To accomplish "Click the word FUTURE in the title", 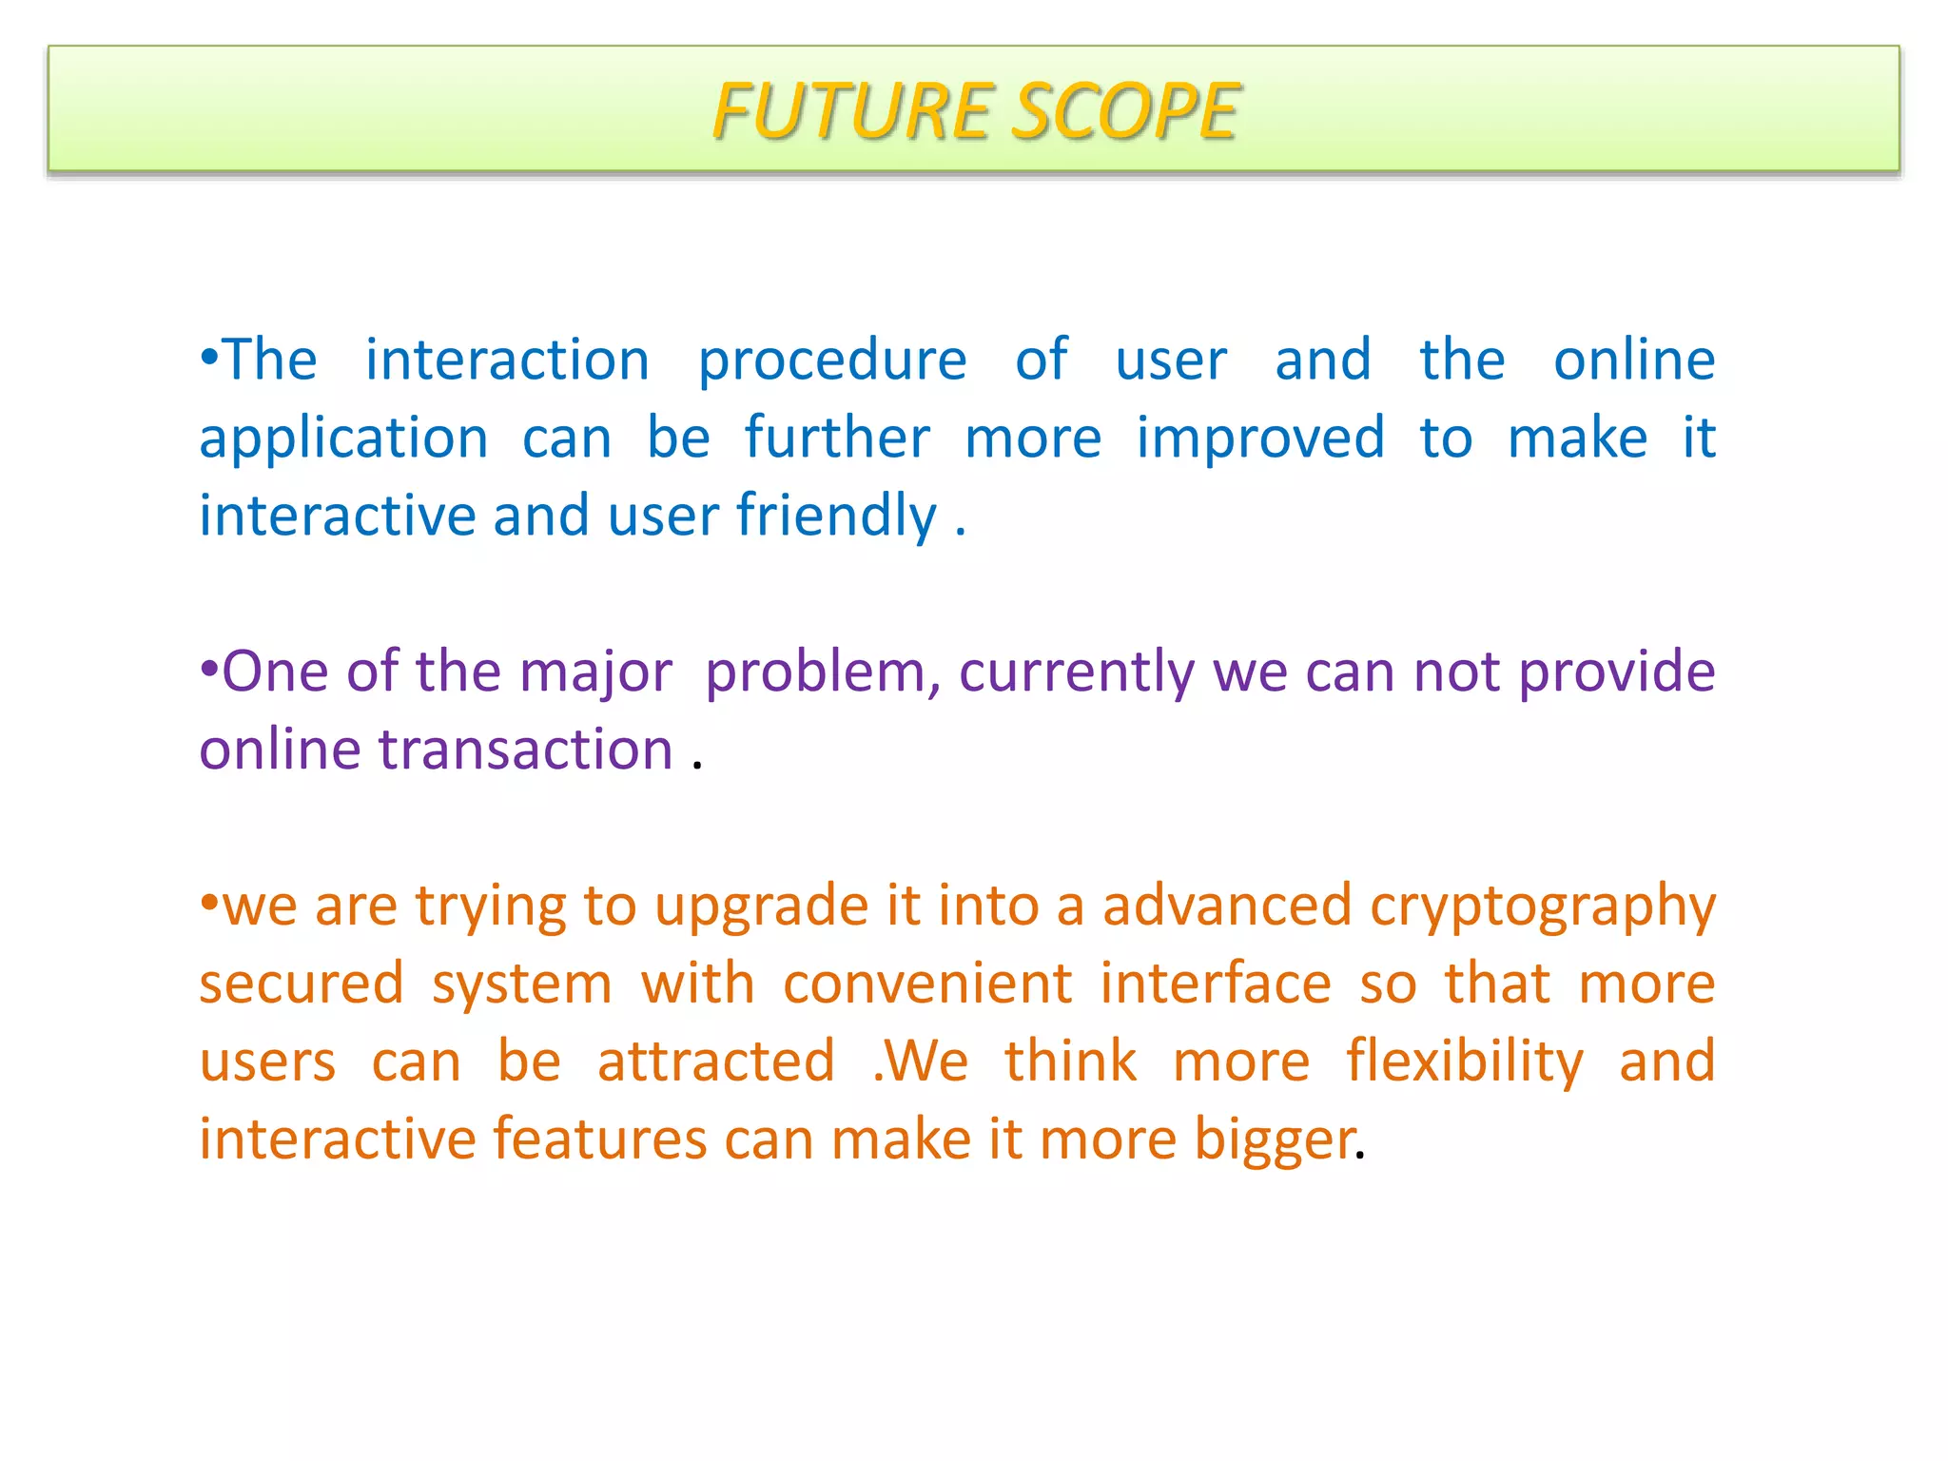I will click(852, 111).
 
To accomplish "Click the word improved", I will click(1260, 439).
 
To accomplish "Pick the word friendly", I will click(836, 517).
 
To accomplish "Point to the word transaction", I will click(526, 750).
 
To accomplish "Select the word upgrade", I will click(761, 907).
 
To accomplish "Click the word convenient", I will click(927, 984).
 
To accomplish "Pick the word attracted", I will click(716, 1062).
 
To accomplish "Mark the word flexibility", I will click(1465, 1062).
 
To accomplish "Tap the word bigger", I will click(1275, 1141).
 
